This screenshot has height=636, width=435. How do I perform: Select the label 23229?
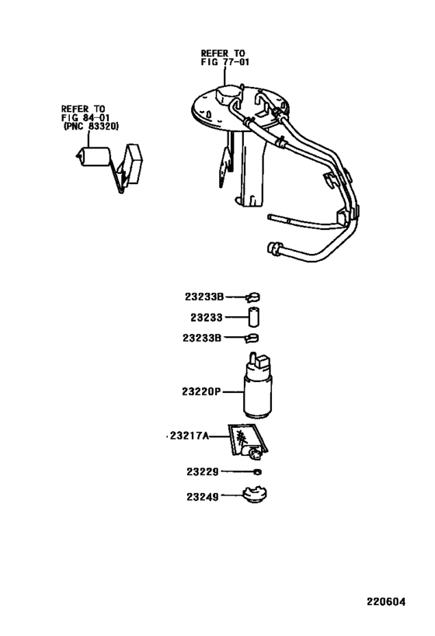[x=203, y=471]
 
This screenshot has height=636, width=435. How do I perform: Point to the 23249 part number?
[x=203, y=495]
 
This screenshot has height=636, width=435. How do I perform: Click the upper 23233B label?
[x=204, y=296]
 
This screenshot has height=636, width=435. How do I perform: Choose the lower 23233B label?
[x=203, y=338]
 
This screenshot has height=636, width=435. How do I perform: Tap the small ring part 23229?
[x=257, y=471]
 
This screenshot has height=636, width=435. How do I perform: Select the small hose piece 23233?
[x=254, y=317]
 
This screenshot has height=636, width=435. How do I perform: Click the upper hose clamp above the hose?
[x=253, y=296]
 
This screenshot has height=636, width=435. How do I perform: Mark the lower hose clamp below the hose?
[x=253, y=338]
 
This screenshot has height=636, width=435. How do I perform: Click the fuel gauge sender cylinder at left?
[x=96, y=161]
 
